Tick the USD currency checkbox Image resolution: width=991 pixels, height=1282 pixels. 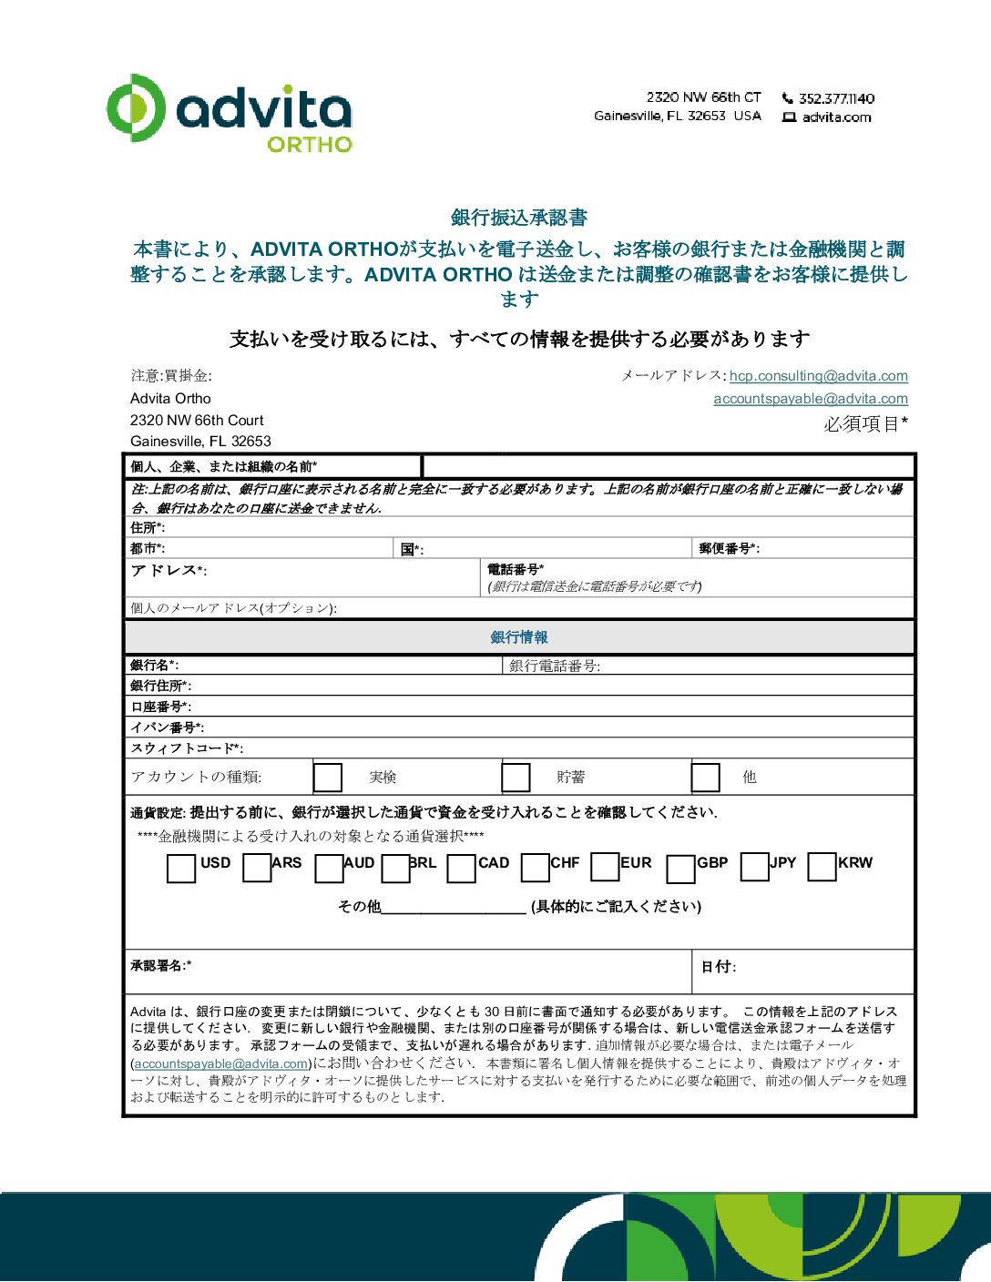181,869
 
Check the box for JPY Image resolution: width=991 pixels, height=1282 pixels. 754,867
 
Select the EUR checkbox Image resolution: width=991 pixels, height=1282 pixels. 605,867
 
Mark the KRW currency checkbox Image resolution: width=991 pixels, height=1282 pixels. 822,867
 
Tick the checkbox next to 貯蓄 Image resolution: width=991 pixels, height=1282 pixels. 516,778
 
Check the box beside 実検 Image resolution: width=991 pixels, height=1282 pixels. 327,778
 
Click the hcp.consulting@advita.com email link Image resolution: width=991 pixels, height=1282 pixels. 818,376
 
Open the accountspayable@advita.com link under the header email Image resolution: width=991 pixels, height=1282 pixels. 810,399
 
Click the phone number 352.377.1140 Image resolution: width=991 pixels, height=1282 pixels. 836,98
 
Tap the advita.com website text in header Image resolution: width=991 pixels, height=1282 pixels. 836,117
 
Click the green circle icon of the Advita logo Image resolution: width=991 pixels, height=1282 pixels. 135,107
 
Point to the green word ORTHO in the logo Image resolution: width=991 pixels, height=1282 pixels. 310,145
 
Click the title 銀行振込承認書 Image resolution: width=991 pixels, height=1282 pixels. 519,218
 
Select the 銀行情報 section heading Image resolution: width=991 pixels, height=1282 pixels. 519,637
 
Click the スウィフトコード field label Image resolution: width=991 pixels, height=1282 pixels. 186,748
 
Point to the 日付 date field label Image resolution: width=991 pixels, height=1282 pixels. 718,967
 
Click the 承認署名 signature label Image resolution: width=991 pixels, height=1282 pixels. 160,965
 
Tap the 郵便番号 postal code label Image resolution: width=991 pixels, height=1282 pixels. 729,548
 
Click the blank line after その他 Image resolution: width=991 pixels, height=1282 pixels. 454,907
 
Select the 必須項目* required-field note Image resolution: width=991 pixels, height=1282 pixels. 865,424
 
